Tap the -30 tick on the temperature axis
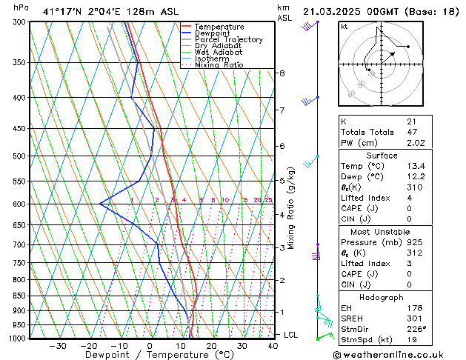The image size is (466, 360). point(58,346)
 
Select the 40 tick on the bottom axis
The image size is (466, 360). point(273,346)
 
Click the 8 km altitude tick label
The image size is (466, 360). point(282,73)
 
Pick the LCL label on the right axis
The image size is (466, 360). point(292,335)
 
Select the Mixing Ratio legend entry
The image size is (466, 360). point(219,65)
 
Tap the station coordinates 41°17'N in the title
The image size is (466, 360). point(60,12)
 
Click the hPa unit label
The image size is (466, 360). point(21,7)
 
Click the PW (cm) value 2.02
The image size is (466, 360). point(412,143)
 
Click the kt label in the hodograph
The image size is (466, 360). point(344,26)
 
